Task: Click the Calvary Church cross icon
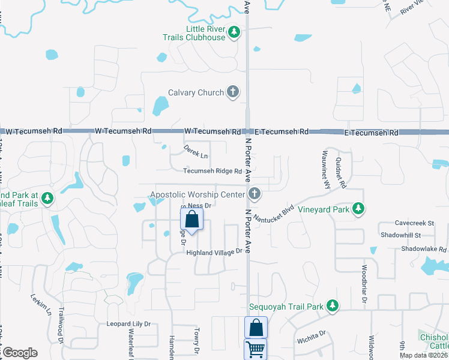click(x=233, y=92)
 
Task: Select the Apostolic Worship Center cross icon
click(x=255, y=194)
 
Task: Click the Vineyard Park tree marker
click(x=358, y=208)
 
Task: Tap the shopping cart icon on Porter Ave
click(x=255, y=349)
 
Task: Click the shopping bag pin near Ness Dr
click(x=191, y=220)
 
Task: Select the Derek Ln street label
click(x=196, y=155)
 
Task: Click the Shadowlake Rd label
click(x=424, y=249)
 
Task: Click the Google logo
click(x=20, y=352)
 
